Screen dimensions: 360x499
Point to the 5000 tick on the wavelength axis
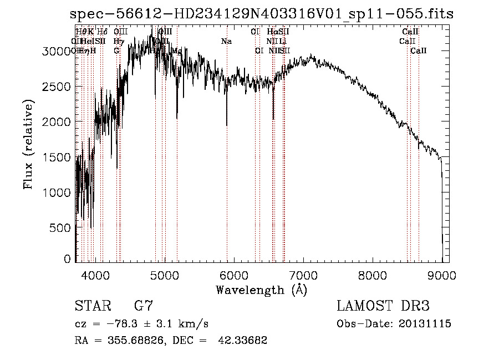pyautogui.click(x=164, y=275)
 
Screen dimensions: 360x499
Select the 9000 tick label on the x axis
pyautogui.click(x=442, y=275)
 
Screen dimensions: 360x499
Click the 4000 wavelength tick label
pyautogui.click(x=95, y=275)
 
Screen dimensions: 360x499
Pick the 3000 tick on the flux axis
pyautogui.click(x=57, y=51)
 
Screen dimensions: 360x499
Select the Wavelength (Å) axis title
pyautogui.click(x=261, y=290)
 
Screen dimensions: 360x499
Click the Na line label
pyautogui.click(x=226, y=41)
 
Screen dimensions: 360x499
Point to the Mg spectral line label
pyautogui.click(x=177, y=50)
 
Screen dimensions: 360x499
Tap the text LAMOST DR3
pyautogui.click(x=383, y=306)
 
